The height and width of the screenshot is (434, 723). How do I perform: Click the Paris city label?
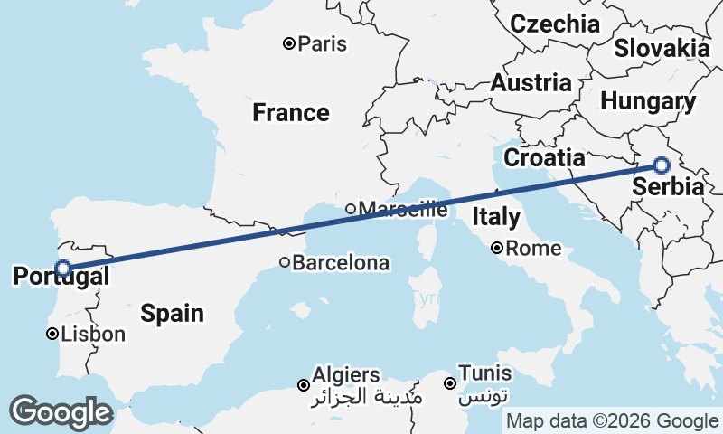coord(322,43)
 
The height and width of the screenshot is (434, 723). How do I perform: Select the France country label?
coord(290,113)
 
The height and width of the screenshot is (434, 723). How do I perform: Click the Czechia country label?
coord(555,24)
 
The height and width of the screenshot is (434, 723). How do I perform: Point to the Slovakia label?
coord(662,48)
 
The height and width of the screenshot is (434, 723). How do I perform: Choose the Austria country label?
coord(531,83)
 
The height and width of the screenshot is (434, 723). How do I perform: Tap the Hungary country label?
coord(648,102)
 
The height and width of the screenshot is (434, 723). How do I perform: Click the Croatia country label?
coord(544,158)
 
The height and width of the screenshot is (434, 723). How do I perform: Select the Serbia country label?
coord(668,187)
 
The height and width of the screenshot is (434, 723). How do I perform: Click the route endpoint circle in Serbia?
coord(662,165)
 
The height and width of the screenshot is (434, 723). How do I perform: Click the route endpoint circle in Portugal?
coord(62,268)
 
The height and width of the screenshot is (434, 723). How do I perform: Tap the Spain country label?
coord(172,314)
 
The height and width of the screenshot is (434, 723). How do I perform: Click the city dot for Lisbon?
coord(52,334)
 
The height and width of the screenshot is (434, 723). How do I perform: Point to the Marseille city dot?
coord(351,209)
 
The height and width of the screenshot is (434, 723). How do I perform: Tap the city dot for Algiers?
coord(304,385)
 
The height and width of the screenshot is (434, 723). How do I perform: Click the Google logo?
coord(61,412)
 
